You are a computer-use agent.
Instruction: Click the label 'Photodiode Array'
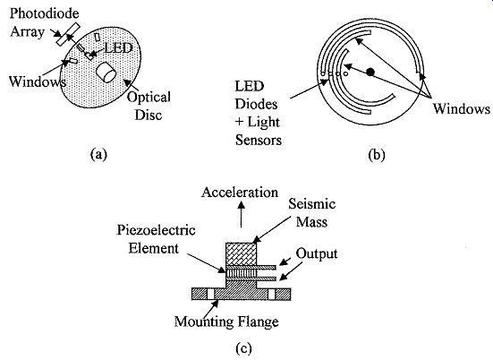click(44, 22)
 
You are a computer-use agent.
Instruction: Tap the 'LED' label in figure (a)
click(118, 48)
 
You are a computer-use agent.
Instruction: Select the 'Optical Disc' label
click(149, 106)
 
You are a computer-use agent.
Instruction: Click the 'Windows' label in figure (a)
click(37, 81)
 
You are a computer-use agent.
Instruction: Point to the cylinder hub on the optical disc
click(106, 73)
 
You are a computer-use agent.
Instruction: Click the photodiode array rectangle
click(68, 34)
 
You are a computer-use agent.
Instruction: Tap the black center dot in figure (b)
click(370, 72)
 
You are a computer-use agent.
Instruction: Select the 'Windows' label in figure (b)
click(462, 108)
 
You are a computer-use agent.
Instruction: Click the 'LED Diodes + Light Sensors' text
click(258, 114)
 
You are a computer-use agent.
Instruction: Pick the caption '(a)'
click(98, 155)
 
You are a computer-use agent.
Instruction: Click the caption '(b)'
click(377, 155)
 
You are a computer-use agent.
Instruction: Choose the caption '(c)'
click(243, 348)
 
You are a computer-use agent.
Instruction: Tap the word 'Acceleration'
click(240, 193)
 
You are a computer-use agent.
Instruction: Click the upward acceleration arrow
click(242, 215)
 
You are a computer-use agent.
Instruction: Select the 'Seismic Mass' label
click(312, 213)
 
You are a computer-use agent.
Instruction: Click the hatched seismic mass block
click(242, 254)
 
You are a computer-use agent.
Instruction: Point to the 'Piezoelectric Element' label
click(156, 239)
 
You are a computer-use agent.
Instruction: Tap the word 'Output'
click(317, 253)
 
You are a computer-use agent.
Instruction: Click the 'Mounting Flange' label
click(226, 321)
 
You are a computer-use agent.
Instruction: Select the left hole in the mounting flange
click(210, 295)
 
